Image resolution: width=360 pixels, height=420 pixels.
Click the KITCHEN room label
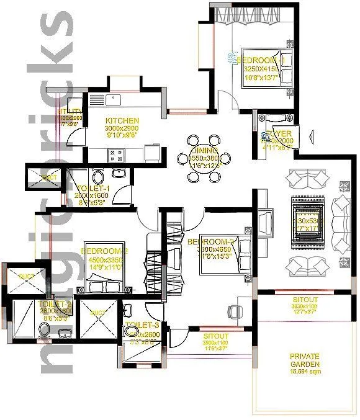coord(122,120)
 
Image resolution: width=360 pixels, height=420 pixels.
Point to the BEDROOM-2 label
coord(104,251)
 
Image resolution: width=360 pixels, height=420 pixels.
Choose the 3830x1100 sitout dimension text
coord(305,306)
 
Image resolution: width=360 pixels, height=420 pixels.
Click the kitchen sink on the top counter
coord(113,98)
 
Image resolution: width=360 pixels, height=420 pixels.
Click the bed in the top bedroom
coord(261,68)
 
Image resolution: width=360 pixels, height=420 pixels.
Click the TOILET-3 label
coord(136,325)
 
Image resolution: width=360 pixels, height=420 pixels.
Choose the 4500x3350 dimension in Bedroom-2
coord(104,260)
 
